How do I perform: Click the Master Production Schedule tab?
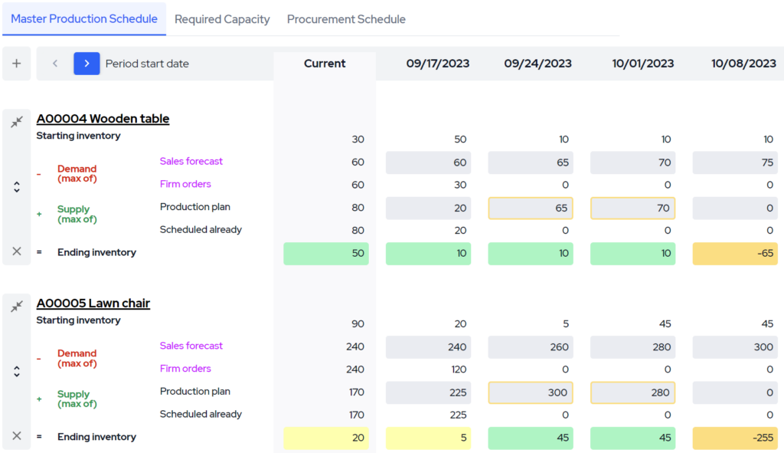(84, 19)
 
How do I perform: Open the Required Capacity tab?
(222, 19)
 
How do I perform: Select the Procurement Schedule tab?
(346, 19)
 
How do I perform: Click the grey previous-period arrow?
(55, 64)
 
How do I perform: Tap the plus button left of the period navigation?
(17, 64)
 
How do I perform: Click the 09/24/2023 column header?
(537, 64)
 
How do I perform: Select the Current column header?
(325, 64)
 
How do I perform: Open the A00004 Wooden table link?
(103, 119)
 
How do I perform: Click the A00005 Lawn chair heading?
(93, 304)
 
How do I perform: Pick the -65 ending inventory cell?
(735, 254)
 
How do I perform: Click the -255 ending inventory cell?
(735, 438)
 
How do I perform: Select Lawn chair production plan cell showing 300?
(531, 392)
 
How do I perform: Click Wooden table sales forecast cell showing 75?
(735, 162)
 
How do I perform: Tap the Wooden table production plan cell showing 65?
(531, 208)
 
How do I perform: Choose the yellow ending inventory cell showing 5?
(428, 438)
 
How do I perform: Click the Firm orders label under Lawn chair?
(185, 369)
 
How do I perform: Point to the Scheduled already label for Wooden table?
(201, 230)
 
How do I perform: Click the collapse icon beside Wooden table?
(17, 121)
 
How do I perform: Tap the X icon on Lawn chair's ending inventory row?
(17, 436)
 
